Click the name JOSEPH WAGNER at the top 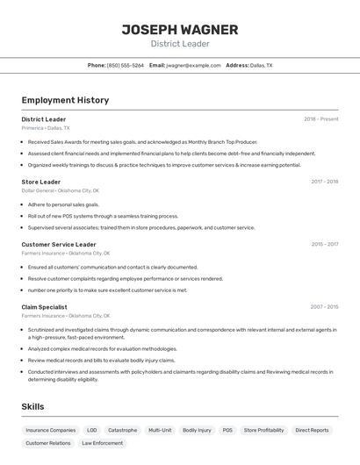tap(179, 30)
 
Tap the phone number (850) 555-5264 tap(126, 65)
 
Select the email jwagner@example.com tap(193, 65)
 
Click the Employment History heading tap(65, 100)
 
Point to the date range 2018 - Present tap(320, 119)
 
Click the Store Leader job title tap(41, 182)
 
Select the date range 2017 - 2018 tap(324, 182)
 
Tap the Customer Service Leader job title tap(59, 245)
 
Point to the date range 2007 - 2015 tap(324, 307)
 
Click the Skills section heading tap(32, 407)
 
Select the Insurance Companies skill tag tap(51, 430)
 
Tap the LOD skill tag tap(91, 430)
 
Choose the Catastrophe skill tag tap(122, 430)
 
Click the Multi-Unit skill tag tap(160, 430)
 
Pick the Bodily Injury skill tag tap(197, 430)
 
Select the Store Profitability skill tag tap(263, 430)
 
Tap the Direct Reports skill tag tap(312, 430)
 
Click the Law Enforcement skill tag tap(103, 443)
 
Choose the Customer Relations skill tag tap(48, 443)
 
